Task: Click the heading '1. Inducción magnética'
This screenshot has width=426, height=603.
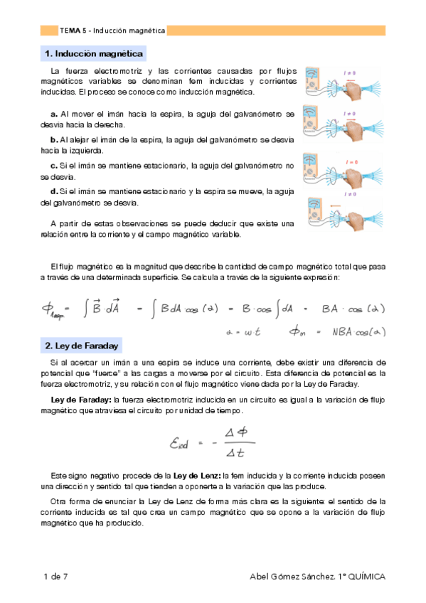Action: (93, 54)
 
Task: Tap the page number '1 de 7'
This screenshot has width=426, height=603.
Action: (55, 575)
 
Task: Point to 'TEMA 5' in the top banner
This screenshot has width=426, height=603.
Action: (73, 31)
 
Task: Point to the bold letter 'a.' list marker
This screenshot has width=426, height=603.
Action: (54, 114)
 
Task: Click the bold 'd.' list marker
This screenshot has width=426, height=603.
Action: (54, 191)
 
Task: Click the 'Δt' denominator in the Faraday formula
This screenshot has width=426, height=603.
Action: (235, 452)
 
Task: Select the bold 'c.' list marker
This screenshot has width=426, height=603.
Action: (54, 166)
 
